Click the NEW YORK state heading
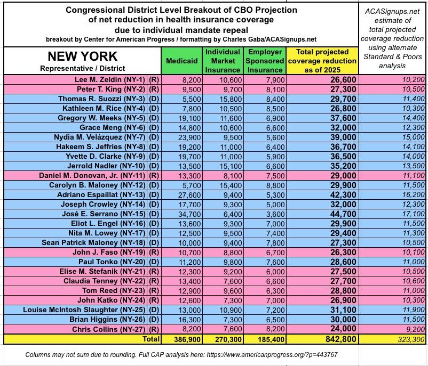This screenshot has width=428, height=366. pos(82,56)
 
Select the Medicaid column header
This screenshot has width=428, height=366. pos(182,61)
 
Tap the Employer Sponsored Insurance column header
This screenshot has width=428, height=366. pos(265,61)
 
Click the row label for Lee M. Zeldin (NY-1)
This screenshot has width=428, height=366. pos(110,79)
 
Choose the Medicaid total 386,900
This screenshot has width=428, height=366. pos(182,339)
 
